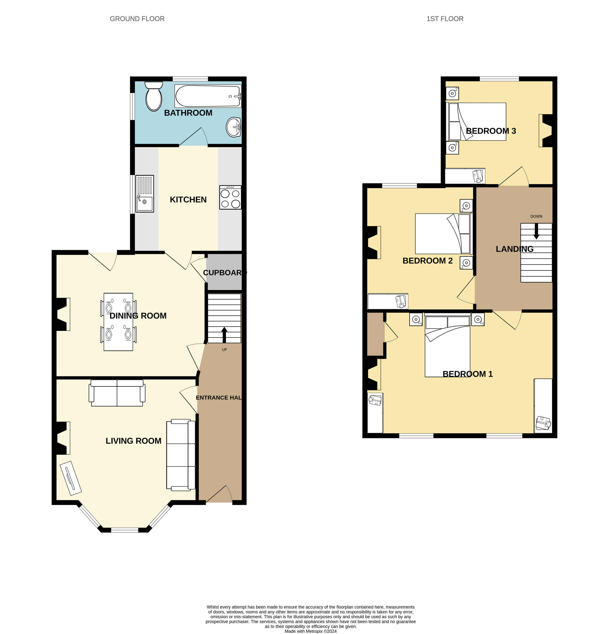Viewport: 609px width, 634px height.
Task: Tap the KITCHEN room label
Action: [188, 200]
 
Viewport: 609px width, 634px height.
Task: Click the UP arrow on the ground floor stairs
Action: [224, 335]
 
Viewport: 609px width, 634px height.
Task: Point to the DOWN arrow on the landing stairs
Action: [536, 231]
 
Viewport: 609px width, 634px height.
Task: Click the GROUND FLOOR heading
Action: [137, 19]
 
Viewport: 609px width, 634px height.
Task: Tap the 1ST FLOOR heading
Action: [445, 19]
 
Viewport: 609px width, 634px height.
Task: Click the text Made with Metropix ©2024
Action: [311, 631]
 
